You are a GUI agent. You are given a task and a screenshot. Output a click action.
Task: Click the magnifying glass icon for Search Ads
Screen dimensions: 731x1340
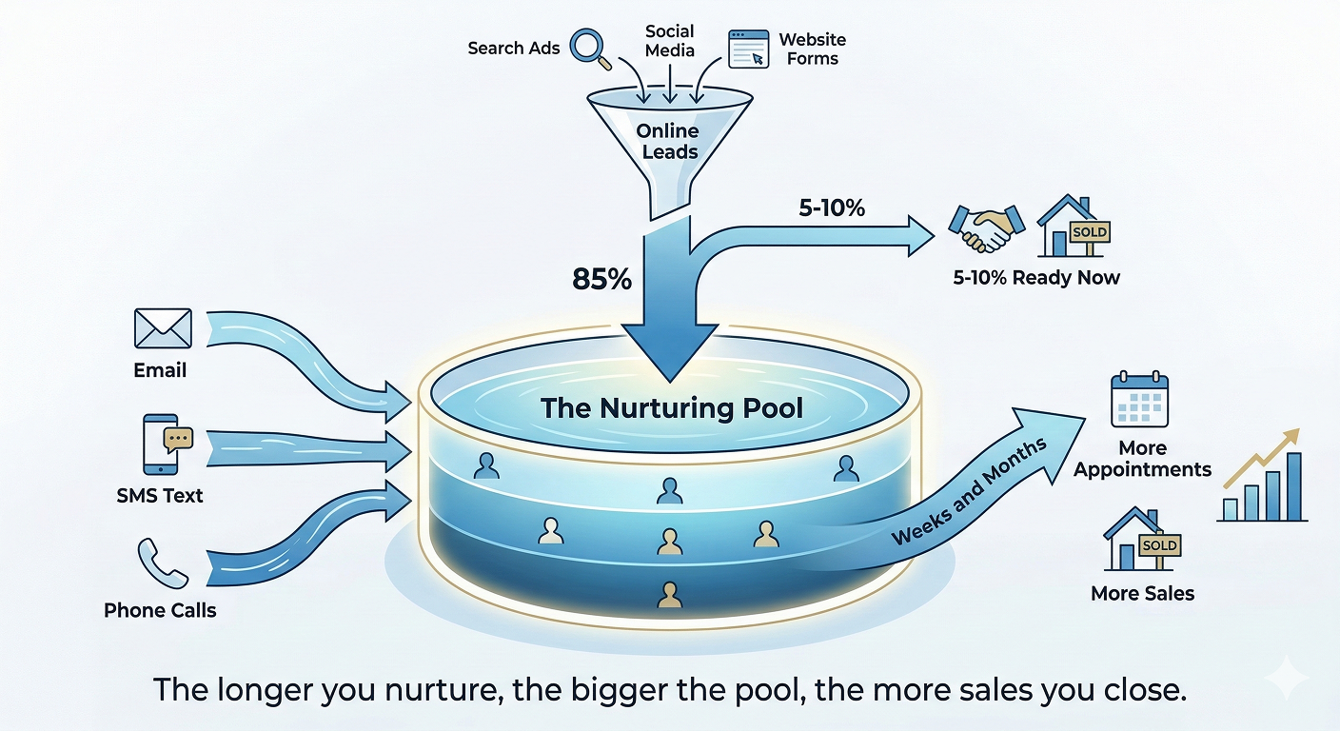tap(590, 48)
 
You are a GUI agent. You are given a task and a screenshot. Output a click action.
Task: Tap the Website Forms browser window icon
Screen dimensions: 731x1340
tap(748, 49)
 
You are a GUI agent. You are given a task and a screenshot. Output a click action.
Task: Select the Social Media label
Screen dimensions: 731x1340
tap(670, 41)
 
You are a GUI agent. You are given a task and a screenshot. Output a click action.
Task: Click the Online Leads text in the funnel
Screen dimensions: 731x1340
tap(667, 141)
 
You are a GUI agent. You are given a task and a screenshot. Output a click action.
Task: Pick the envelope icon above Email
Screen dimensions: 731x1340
tap(163, 328)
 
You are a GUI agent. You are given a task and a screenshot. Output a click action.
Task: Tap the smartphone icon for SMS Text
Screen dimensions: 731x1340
tap(162, 445)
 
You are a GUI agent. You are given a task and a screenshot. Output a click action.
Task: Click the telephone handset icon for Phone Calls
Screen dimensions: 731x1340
tap(159, 562)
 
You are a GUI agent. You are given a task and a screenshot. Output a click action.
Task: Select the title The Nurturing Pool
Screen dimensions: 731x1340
tap(672, 409)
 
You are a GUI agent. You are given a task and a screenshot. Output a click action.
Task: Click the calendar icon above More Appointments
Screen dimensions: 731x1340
tap(1139, 400)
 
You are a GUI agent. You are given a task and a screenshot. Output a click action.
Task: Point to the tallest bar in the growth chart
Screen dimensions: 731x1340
tap(1294, 486)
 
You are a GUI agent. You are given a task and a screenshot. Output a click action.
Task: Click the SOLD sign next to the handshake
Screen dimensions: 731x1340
tap(1089, 232)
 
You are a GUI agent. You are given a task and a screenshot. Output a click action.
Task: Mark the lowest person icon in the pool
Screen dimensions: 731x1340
tap(670, 596)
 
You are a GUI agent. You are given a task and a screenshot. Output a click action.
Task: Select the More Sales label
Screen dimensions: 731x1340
tap(1142, 593)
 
